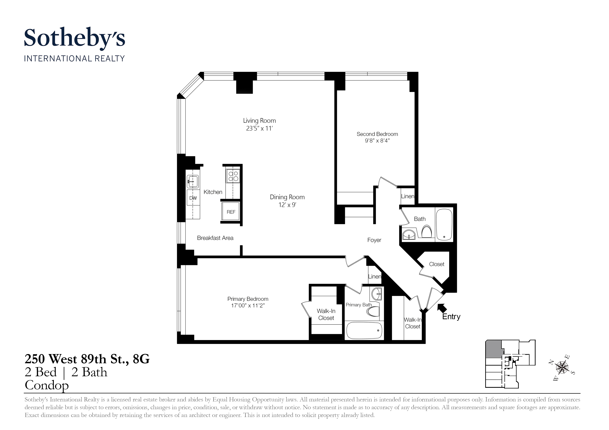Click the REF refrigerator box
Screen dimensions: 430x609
231,212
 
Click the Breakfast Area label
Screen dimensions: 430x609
215,238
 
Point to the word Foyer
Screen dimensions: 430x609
374,240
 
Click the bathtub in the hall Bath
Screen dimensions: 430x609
444,225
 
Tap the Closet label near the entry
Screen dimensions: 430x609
436,264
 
